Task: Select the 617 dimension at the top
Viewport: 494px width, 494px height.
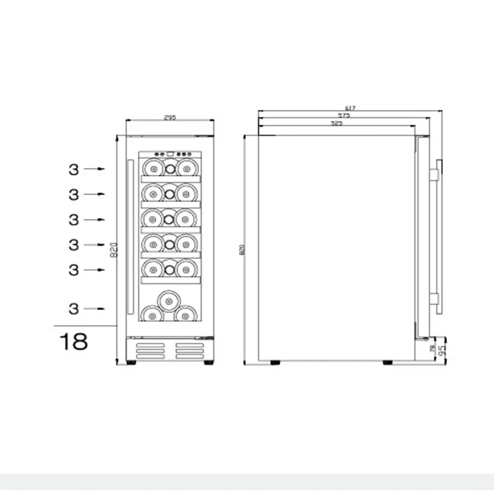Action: pos(351,108)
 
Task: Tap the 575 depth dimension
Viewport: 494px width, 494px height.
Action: pos(344,115)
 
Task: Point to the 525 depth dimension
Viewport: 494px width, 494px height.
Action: pos(337,124)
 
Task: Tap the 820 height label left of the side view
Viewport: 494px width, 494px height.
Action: pos(242,250)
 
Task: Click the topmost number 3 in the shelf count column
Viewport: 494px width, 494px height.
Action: pos(73,169)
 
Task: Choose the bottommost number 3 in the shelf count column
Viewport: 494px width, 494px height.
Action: pos(73,309)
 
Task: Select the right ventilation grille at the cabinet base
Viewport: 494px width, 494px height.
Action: pos(189,351)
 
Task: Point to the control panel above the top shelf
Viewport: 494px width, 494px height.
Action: pos(170,154)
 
